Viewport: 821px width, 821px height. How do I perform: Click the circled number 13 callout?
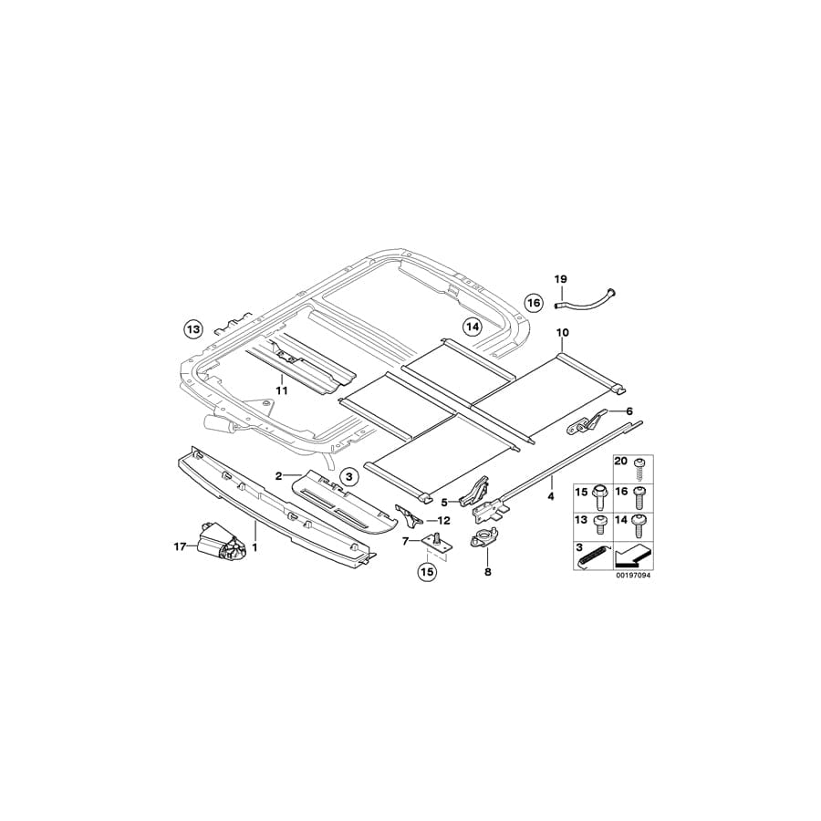[192, 328]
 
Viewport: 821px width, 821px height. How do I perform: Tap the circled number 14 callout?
[471, 327]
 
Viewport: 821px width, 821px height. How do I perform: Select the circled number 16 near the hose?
[534, 302]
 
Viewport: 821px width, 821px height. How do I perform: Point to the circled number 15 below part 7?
[426, 573]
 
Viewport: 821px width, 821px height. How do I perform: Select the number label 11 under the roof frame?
[283, 390]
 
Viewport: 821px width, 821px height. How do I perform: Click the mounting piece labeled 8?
[484, 541]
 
